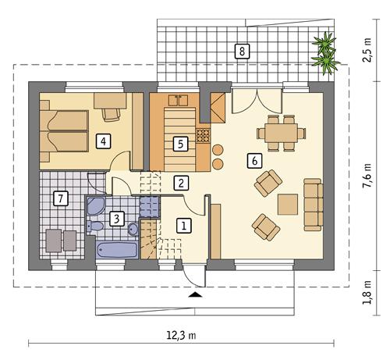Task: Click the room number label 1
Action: point(184,226)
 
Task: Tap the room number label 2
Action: point(180,184)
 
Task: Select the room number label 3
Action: point(115,219)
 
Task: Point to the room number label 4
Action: point(101,141)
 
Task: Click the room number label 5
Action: point(180,144)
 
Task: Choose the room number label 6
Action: point(252,160)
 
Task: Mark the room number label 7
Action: point(59,198)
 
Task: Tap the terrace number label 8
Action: point(243,52)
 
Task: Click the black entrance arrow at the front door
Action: point(193,295)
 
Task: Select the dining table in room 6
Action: point(280,132)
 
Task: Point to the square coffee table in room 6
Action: point(289,203)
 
